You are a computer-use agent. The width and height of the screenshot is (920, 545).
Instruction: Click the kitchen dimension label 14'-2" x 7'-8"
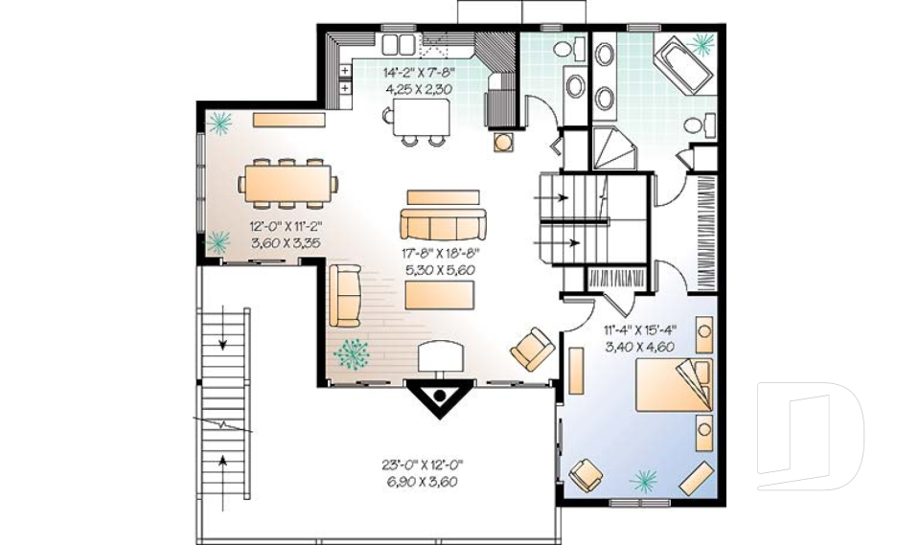(419, 74)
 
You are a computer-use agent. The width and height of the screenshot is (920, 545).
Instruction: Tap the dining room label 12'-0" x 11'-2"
(286, 226)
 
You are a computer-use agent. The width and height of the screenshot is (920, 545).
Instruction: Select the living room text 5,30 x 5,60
(440, 270)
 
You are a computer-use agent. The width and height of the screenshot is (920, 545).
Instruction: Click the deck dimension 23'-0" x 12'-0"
(423, 466)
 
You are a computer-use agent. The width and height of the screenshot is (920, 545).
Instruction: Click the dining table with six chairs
(287, 183)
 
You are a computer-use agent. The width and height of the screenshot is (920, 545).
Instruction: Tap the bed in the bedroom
(674, 385)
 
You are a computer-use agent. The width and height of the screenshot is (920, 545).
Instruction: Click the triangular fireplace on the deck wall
(439, 398)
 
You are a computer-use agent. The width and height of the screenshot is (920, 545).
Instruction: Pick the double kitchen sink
(399, 44)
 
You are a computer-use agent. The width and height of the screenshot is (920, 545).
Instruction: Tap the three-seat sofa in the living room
(443, 224)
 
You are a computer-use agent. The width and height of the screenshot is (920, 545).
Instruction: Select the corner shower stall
(613, 148)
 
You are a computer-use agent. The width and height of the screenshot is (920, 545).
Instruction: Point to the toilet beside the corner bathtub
(700, 125)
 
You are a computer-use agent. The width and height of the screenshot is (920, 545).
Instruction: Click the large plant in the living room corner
(352, 354)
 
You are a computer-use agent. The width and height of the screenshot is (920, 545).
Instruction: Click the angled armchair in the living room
(533, 350)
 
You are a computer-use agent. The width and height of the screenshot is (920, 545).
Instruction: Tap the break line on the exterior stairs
(223, 424)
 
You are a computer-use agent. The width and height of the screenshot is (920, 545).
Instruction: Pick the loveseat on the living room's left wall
(345, 296)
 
